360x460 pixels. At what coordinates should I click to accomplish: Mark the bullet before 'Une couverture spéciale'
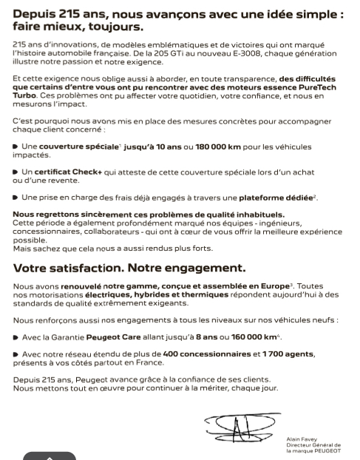click(16, 149)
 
